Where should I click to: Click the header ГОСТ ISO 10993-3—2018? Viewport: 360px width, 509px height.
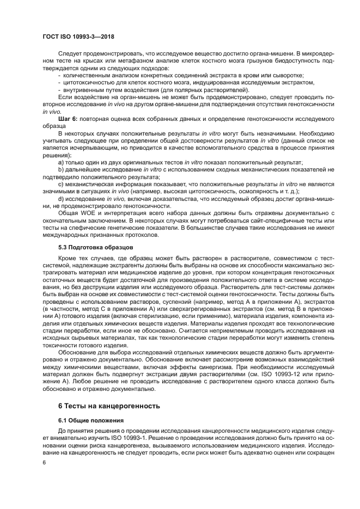point(81,37)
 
